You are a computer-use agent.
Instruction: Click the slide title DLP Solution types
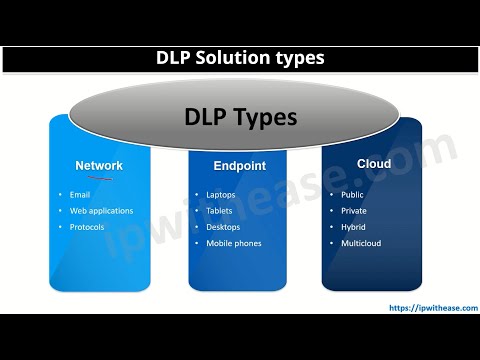point(239,59)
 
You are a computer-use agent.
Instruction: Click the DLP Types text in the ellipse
point(240,118)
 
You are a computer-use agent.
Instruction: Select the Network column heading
point(99,165)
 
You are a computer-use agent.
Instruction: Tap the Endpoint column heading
point(238,165)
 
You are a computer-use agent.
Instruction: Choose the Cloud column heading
point(374,163)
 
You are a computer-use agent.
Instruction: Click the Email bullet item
point(81,195)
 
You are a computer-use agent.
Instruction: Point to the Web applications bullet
point(101,211)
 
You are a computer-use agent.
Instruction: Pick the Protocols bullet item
point(87,227)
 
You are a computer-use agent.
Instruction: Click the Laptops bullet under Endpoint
point(222,195)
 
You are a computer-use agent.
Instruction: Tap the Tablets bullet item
point(220,211)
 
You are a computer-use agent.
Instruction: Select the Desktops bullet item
point(224,227)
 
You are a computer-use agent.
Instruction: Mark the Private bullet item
point(354,211)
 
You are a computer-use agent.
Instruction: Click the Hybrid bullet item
point(353,227)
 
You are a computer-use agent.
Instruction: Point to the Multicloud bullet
point(360,243)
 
